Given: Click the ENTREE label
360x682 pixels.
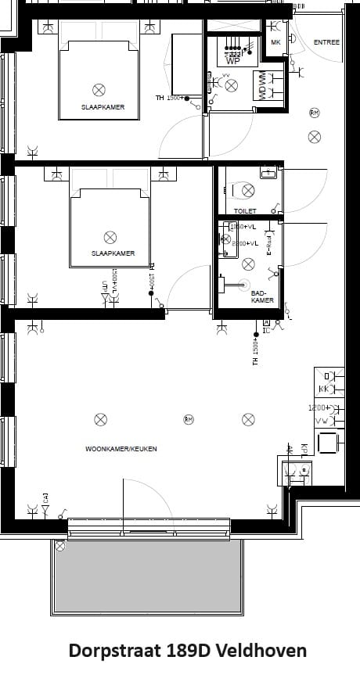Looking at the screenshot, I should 326,42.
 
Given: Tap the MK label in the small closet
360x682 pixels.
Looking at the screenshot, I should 275,42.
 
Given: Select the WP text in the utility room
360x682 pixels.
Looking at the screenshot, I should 232,60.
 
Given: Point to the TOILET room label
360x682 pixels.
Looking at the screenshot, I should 245,211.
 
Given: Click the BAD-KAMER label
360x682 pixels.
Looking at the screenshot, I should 262,296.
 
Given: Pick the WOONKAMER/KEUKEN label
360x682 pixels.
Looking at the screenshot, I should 121,449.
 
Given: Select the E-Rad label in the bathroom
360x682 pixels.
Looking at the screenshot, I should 268,243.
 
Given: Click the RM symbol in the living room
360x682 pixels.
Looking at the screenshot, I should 189,419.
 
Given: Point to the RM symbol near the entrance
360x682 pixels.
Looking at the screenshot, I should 314,113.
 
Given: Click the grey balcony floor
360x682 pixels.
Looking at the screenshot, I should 147,575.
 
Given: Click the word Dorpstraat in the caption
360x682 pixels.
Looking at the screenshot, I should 114,651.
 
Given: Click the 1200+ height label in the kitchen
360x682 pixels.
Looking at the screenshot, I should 317,408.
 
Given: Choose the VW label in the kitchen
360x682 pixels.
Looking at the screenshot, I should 322,421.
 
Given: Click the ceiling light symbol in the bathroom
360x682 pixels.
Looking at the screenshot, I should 248,264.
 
